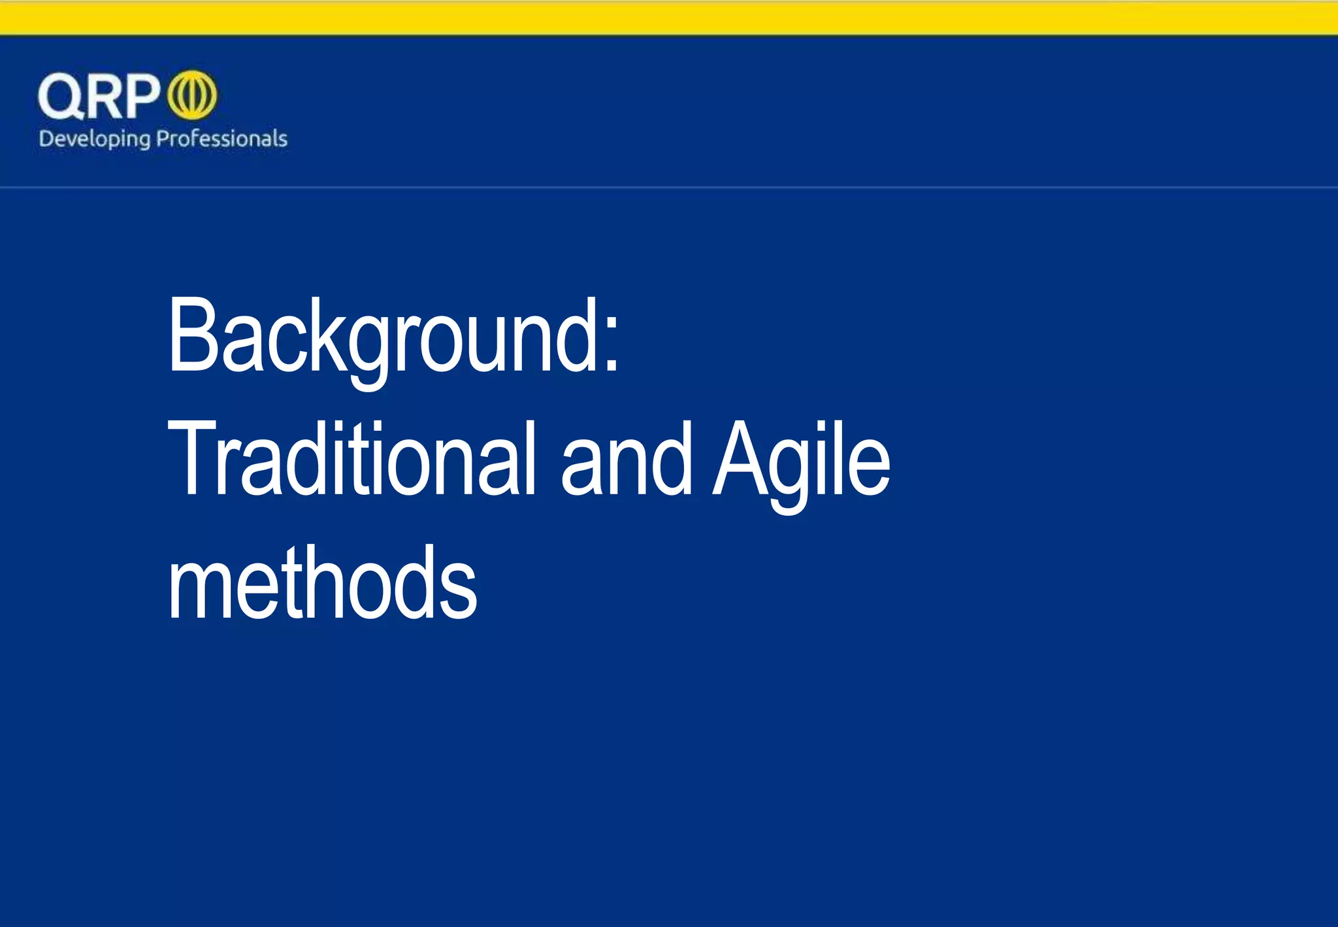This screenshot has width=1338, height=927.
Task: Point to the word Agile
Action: (801, 461)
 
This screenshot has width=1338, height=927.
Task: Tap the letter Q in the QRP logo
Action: (61, 96)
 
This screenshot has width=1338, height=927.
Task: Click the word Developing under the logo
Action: (94, 139)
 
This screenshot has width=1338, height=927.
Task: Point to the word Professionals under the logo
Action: (222, 139)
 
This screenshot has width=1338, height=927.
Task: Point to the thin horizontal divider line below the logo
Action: (669, 187)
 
